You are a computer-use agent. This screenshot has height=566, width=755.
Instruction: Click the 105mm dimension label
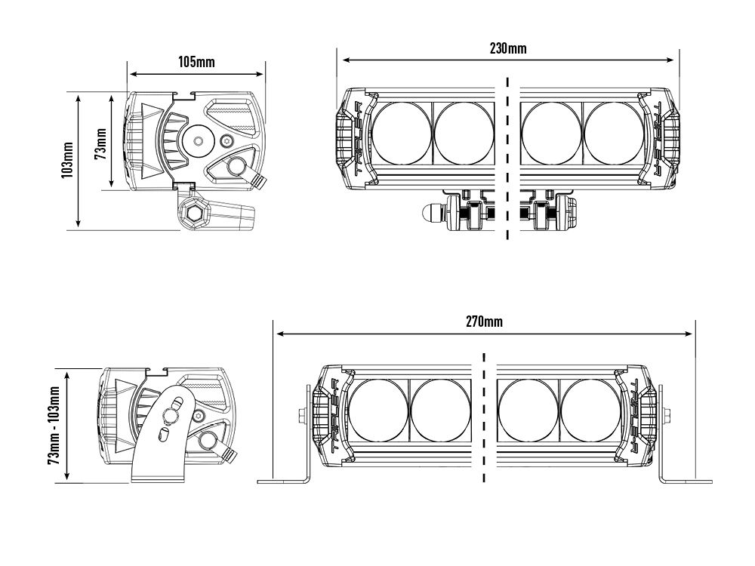(197, 62)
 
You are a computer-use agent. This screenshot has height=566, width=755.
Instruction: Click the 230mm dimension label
(508, 48)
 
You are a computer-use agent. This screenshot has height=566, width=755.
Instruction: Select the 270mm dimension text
(484, 321)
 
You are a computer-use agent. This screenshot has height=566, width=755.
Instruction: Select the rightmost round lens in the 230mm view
(613, 134)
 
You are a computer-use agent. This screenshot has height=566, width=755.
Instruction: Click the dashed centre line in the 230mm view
(508, 158)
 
